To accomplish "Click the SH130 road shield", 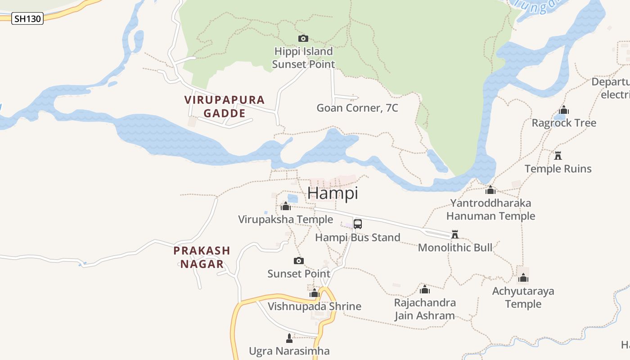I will click(27, 18).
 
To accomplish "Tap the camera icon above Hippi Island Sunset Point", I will click(303, 39).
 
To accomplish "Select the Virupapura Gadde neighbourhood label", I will click(225, 106).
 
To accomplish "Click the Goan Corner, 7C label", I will click(357, 108).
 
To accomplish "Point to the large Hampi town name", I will click(333, 193).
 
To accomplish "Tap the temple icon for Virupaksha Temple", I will click(285, 207).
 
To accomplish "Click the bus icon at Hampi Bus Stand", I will click(358, 224).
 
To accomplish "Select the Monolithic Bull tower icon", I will click(455, 234).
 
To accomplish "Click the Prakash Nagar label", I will click(202, 257).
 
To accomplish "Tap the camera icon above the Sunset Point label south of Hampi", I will click(298, 261).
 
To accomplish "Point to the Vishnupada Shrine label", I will click(314, 306).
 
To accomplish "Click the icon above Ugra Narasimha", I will click(289, 338).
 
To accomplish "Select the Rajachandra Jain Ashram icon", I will click(424, 289).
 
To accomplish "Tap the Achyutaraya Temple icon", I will click(523, 278).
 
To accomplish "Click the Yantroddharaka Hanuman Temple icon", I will click(490, 190).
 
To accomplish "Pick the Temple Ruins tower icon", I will click(558, 156).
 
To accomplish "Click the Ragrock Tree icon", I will click(564, 110).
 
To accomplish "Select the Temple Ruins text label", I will click(558, 169).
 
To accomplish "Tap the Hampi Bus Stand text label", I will click(358, 238).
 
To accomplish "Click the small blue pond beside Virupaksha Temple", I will click(292, 198).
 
